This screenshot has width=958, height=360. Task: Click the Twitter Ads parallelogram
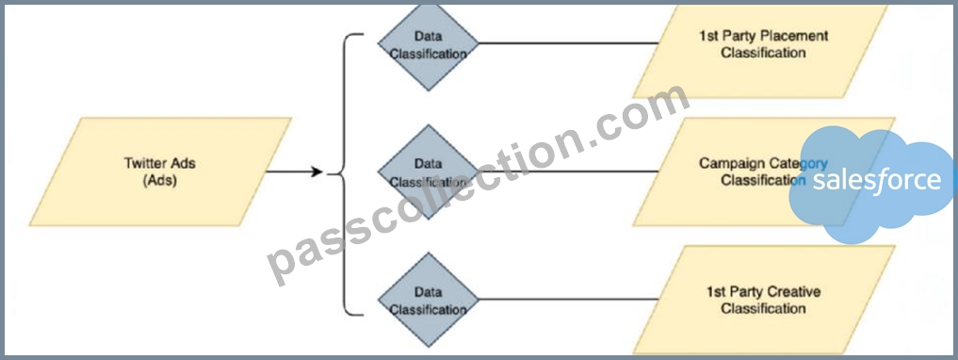click(x=160, y=172)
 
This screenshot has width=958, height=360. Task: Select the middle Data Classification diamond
click(x=429, y=172)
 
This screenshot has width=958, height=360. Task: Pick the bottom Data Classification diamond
click(x=429, y=300)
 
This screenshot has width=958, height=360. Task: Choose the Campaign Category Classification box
click(x=763, y=172)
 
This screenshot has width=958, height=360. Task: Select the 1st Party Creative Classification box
click(x=763, y=300)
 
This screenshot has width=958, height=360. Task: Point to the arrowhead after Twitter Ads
click(x=317, y=172)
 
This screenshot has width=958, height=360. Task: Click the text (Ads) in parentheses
click(x=159, y=181)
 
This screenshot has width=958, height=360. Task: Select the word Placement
click(x=797, y=36)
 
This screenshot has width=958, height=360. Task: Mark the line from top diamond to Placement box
click(x=569, y=43)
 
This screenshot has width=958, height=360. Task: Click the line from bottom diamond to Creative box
click(x=569, y=300)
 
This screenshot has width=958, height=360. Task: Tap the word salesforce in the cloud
click(x=877, y=181)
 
